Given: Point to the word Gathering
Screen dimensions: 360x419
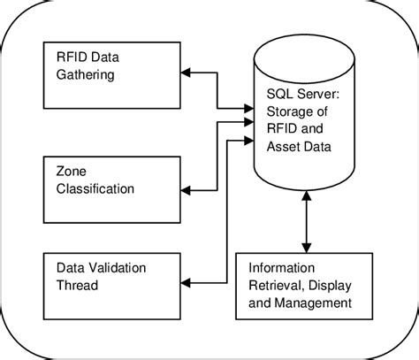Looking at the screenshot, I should tap(85, 75).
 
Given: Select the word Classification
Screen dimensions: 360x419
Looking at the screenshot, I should tap(94, 189).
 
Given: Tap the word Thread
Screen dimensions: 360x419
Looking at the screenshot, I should tap(77, 286).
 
